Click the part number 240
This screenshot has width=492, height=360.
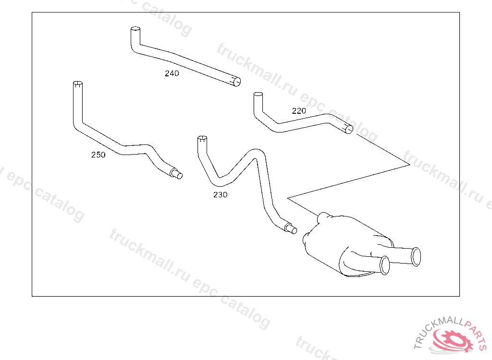point(172,73)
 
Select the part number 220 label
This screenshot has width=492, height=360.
point(299,111)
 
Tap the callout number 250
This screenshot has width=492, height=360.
point(98,155)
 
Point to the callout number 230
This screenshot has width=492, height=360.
point(221,195)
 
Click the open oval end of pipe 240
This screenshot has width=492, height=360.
point(235,83)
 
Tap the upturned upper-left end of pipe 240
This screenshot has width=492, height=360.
point(135,32)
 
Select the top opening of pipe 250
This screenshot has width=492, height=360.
point(77,85)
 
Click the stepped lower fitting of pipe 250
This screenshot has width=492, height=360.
point(176,173)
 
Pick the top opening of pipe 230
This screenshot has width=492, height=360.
point(202,140)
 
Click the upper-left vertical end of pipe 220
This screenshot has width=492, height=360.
point(258,96)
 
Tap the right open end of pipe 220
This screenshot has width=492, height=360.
point(349,129)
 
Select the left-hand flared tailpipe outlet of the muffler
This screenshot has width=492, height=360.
point(384,265)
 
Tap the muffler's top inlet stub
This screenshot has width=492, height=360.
point(324,216)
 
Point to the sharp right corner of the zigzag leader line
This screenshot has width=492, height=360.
point(409,165)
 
